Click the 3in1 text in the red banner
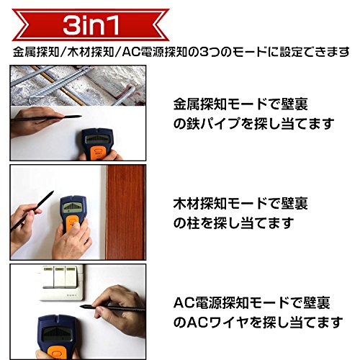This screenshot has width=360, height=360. tap(91, 25)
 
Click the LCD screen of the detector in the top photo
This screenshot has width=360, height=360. tap(97, 139)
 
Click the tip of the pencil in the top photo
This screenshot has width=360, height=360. tap(81, 117)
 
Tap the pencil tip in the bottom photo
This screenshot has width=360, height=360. tap(81, 306)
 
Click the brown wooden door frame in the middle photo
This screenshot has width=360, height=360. tap(126, 212)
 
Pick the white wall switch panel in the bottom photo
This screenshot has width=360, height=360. tap(62, 283)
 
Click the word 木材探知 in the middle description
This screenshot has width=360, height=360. tap(200, 203)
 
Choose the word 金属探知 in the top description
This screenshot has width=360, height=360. tap(200, 104)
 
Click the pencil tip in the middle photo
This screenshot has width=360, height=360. tap(53, 192)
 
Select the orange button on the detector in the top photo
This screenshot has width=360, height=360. tap(98, 152)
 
